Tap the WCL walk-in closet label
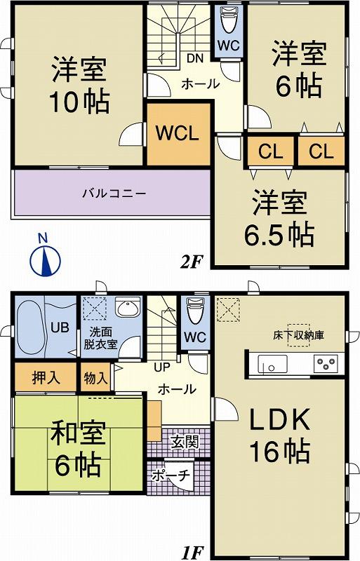(x=178, y=133)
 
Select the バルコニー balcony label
(x=113, y=192)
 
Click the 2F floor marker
(x=191, y=262)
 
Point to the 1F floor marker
(x=191, y=553)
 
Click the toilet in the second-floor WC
(x=229, y=21)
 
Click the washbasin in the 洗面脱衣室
(x=127, y=309)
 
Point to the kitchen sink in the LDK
(x=270, y=364)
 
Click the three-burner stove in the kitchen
(x=326, y=364)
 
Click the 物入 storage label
(x=95, y=377)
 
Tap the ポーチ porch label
(x=172, y=475)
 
